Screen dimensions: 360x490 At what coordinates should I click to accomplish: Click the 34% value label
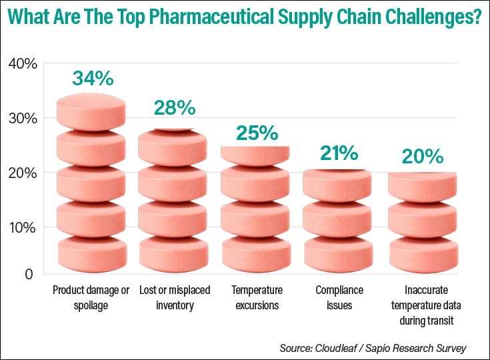point(93,79)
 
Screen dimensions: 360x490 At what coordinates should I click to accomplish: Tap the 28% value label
point(175,107)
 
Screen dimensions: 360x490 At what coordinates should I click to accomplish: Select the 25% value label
point(257,133)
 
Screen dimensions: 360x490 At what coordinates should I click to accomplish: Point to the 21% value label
point(339,154)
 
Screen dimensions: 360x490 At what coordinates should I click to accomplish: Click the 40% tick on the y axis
point(23,64)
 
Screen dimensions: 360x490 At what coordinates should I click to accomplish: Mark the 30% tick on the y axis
point(23,119)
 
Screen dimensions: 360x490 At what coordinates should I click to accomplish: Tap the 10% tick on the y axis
point(23,227)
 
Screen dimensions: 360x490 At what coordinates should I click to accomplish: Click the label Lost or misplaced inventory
point(175,298)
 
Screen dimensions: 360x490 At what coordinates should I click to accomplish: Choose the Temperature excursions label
point(257,298)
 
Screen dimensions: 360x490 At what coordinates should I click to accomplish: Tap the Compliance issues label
point(339,298)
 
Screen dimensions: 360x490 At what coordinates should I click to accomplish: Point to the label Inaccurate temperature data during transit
point(422,305)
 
